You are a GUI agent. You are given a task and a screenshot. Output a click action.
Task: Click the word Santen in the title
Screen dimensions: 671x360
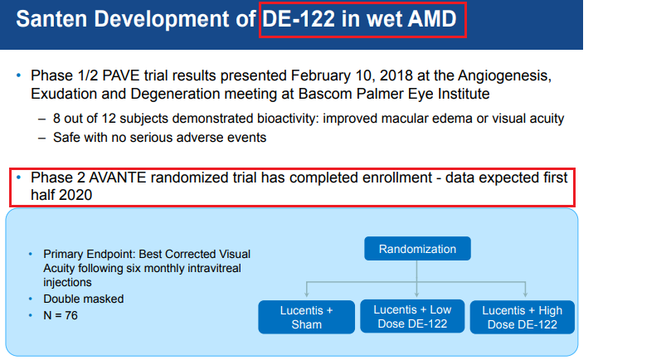pyautogui.click(x=51, y=19)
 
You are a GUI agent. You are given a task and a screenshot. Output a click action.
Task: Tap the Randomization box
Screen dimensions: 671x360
pyautogui.click(x=417, y=248)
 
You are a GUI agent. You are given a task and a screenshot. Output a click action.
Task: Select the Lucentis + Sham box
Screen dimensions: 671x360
pyautogui.click(x=306, y=317)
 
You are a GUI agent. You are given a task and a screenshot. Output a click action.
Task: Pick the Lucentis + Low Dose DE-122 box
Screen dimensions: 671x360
pyautogui.click(x=412, y=316)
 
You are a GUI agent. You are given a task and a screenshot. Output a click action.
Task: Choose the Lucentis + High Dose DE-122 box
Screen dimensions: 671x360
pyautogui.click(x=522, y=317)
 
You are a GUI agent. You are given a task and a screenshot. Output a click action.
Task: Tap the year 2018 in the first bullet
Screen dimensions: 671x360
pyautogui.click(x=396, y=75)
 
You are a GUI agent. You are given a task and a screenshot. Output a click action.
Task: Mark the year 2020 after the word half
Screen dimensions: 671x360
pyautogui.click(x=75, y=195)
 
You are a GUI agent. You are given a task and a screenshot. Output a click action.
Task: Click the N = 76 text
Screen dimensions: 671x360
pyautogui.click(x=61, y=315)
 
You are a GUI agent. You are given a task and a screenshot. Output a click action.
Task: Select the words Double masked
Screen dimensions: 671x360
pyautogui.click(x=84, y=299)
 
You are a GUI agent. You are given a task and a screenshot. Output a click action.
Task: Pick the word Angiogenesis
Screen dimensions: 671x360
pyautogui.click(x=504, y=76)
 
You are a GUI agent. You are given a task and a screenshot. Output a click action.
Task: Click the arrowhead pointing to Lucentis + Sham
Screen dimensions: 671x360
pyautogui.click(x=306, y=294)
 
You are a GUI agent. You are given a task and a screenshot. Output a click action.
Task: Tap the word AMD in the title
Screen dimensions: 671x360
pyautogui.click(x=432, y=19)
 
